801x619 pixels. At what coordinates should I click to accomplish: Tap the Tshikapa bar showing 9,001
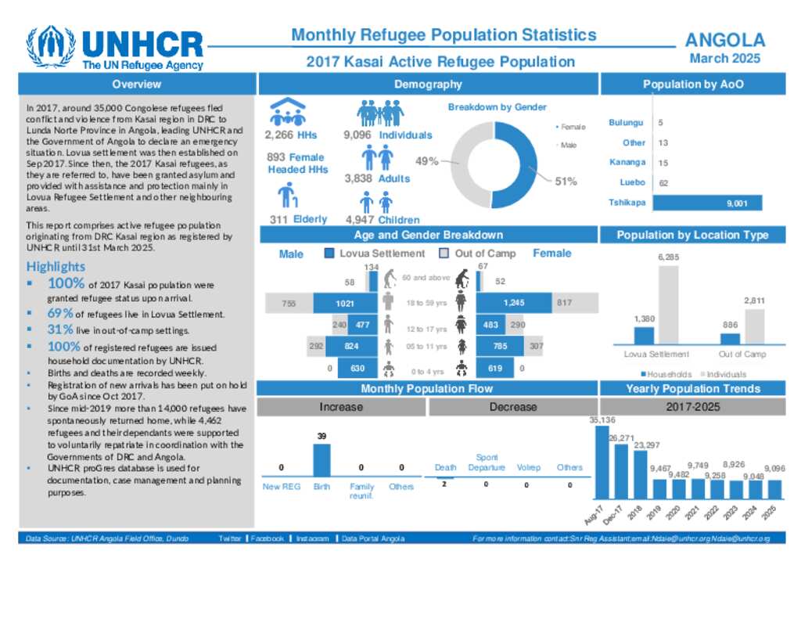(x=706, y=203)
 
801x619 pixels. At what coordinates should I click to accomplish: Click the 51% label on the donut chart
(x=566, y=182)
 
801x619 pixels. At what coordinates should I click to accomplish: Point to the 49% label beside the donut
(x=426, y=161)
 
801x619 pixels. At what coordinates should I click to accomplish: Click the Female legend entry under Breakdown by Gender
(x=573, y=127)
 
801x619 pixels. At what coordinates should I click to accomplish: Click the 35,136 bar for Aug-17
(x=602, y=462)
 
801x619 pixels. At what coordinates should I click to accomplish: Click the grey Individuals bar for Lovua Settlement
(x=667, y=304)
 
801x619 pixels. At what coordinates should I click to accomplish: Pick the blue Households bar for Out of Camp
(x=730, y=338)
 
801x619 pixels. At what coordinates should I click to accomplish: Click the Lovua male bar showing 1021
(x=346, y=303)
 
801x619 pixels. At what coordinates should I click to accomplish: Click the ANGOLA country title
(x=724, y=41)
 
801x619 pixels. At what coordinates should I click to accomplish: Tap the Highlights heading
(x=55, y=267)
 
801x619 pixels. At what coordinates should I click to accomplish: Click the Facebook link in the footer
(x=267, y=538)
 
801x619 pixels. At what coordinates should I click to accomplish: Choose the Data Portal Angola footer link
(x=373, y=538)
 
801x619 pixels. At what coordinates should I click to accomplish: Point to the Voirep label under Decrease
(x=528, y=467)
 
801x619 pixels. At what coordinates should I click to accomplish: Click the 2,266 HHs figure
(x=291, y=135)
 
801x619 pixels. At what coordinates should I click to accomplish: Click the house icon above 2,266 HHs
(x=288, y=112)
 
